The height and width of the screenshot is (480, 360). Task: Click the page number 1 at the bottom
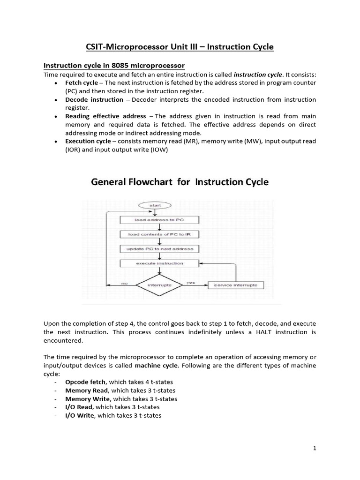(315, 449)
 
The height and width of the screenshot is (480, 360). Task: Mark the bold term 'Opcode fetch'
(85, 382)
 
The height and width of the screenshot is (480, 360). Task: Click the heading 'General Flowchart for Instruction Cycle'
(180, 182)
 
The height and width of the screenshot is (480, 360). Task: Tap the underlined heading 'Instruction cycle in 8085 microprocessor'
(114, 65)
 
